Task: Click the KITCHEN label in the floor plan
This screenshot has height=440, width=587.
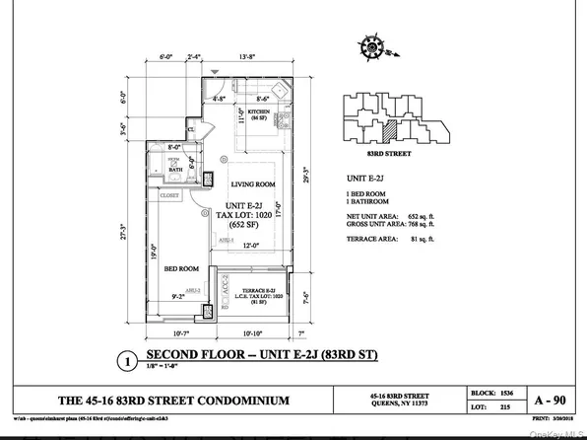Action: (x=259, y=112)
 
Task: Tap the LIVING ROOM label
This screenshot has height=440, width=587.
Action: (x=253, y=184)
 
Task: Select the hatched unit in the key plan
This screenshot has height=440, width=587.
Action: (x=390, y=127)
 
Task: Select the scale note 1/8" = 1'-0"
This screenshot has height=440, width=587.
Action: (x=165, y=371)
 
